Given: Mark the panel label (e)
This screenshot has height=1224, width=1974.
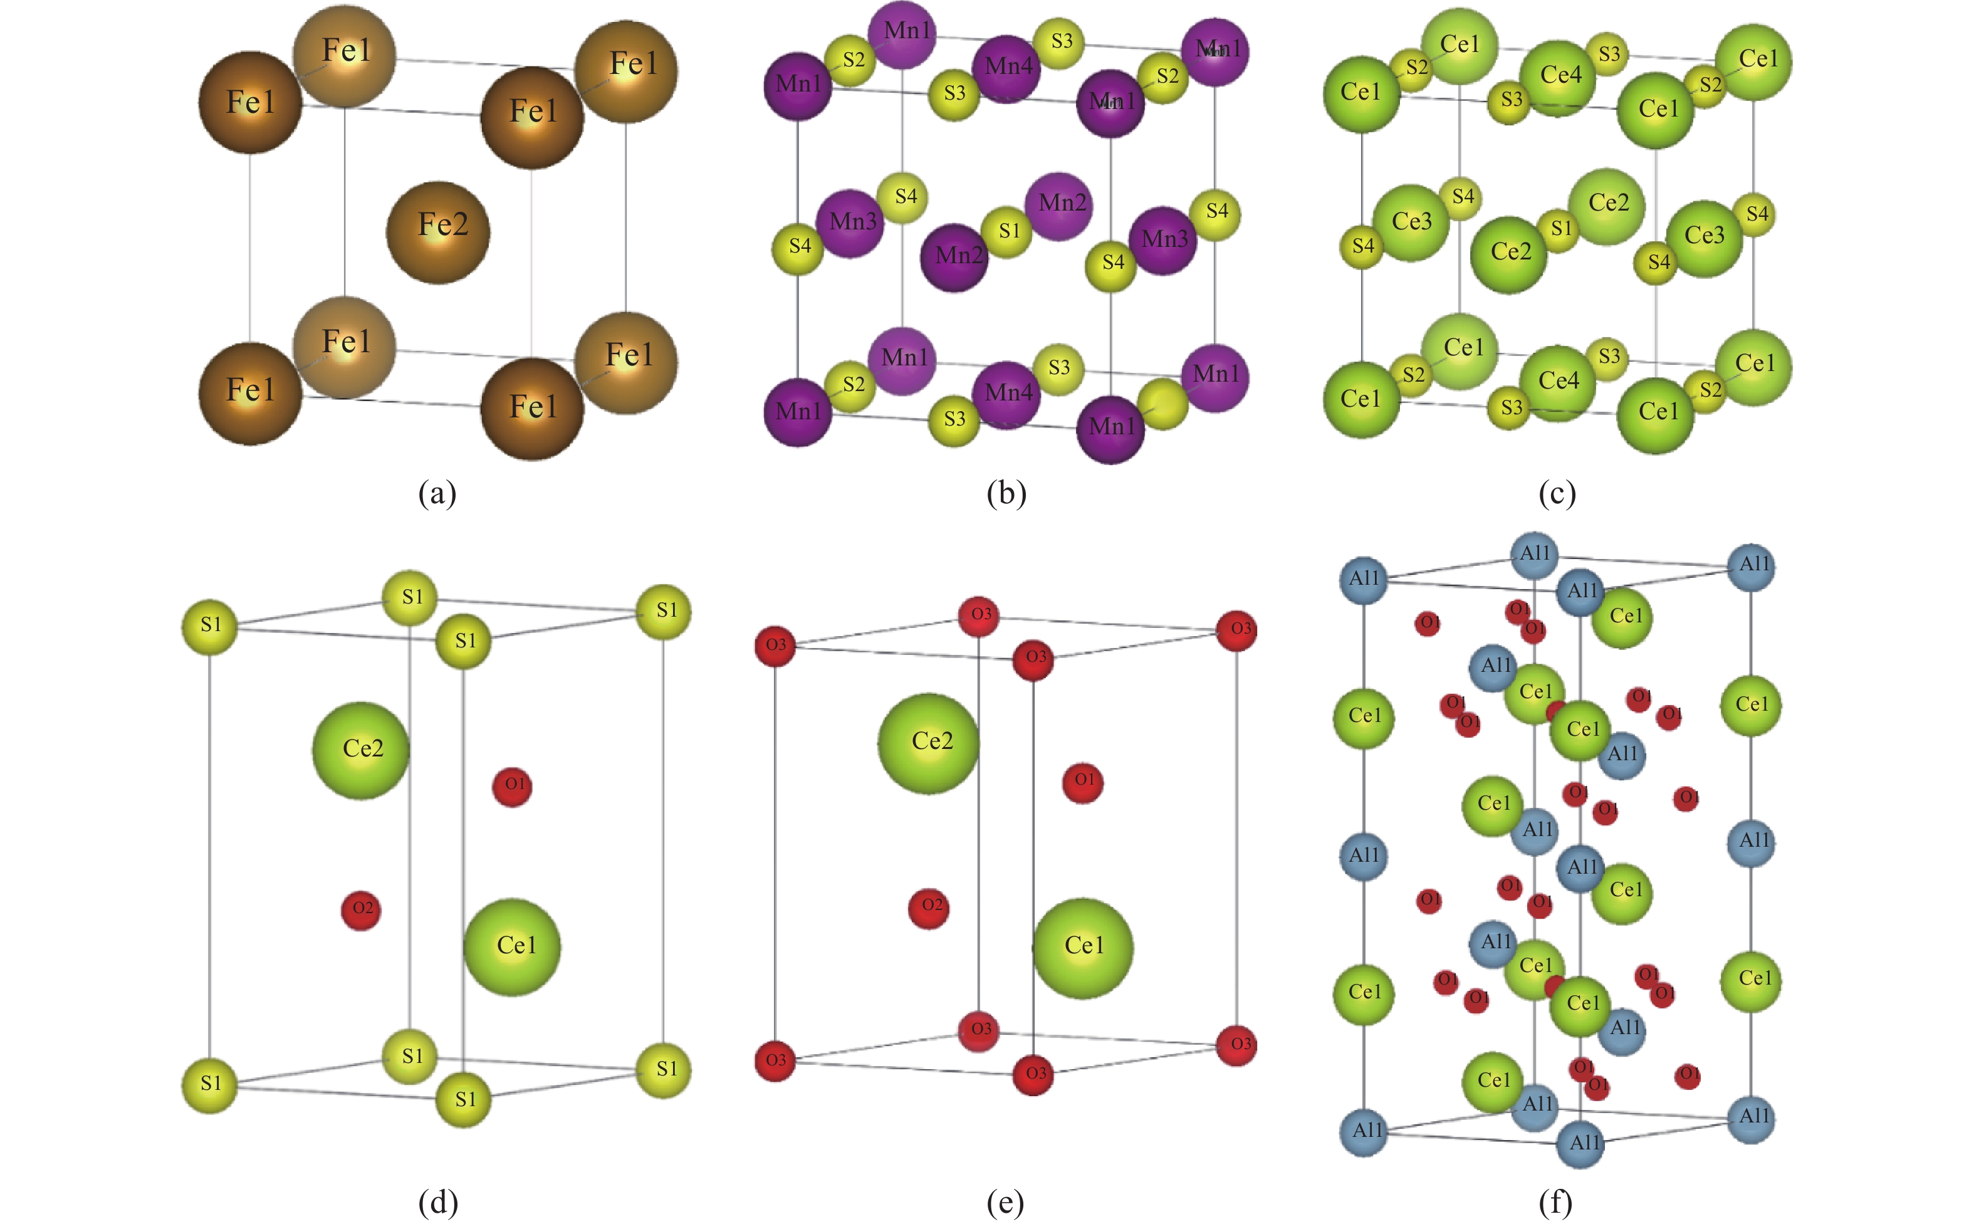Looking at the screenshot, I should pyautogui.click(x=1005, y=1202).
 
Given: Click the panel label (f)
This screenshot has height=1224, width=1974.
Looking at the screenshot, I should pyautogui.click(x=1555, y=1202).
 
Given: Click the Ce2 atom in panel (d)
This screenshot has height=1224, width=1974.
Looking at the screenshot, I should pyautogui.click(x=361, y=750).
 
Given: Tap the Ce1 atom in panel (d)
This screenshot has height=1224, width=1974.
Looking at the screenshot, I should pyautogui.click(x=513, y=946).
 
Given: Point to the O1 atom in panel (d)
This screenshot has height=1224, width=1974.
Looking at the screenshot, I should pyautogui.click(x=513, y=786).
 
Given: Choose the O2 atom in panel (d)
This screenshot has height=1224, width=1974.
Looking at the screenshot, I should pyautogui.click(x=361, y=910).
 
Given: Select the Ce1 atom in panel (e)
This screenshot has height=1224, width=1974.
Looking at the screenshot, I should pyautogui.click(x=1082, y=947).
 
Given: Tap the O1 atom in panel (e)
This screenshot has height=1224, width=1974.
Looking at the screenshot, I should pyautogui.click(x=1082, y=782).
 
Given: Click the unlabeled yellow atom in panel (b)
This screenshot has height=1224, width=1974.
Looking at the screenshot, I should pyautogui.click(x=1162, y=403).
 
